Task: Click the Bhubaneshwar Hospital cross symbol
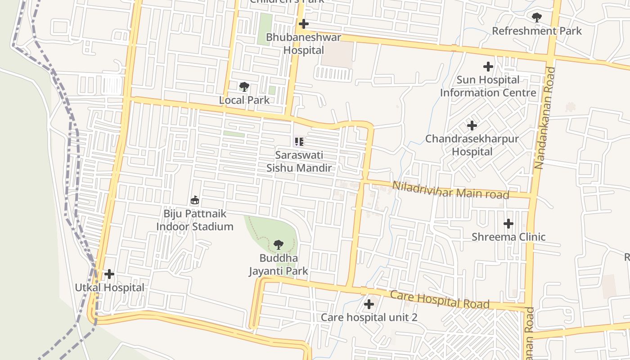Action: pyautogui.click(x=304, y=24)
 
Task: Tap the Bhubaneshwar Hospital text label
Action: pyautogui.click(x=304, y=44)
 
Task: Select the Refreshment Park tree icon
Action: pyautogui.click(x=536, y=18)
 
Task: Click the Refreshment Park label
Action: pyautogui.click(x=536, y=31)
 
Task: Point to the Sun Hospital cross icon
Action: pyautogui.click(x=488, y=67)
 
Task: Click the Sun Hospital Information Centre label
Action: pyautogui.click(x=488, y=86)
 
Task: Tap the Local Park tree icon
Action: pyautogui.click(x=244, y=86)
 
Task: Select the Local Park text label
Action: pyautogui.click(x=244, y=100)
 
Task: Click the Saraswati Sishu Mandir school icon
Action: pyautogui.click(x=299, y=142)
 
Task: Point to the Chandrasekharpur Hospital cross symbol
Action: pyautogui.click(x=472, y=125)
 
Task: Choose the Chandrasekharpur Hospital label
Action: pyautogui.click(x=472, y=145)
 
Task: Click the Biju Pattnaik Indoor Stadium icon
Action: pyautogui.click(x=195, y=200)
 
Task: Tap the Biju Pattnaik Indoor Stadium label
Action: pyautogui.click(x=195, y=220)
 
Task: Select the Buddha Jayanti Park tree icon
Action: pyautogui.click(x=279, y=245)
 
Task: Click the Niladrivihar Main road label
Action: pyautogui.click(x=450, y=190)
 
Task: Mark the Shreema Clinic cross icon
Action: pyautogui.click(x=508, y=223)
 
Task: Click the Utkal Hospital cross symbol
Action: pyautogui.click(x=109, y=274)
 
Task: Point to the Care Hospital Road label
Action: pyautogui.click(x=440, y=300)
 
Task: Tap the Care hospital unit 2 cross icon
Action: pyautogui.click(x=369, y=304)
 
